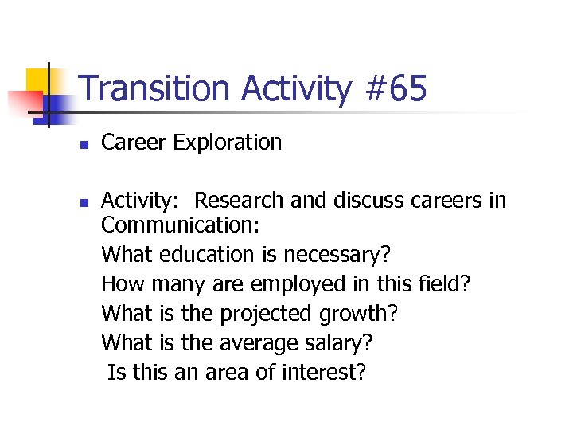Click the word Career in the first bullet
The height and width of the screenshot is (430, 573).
point(134,143)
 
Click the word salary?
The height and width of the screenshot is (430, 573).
point(341,344)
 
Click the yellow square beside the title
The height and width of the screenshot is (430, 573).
point(38,80)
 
